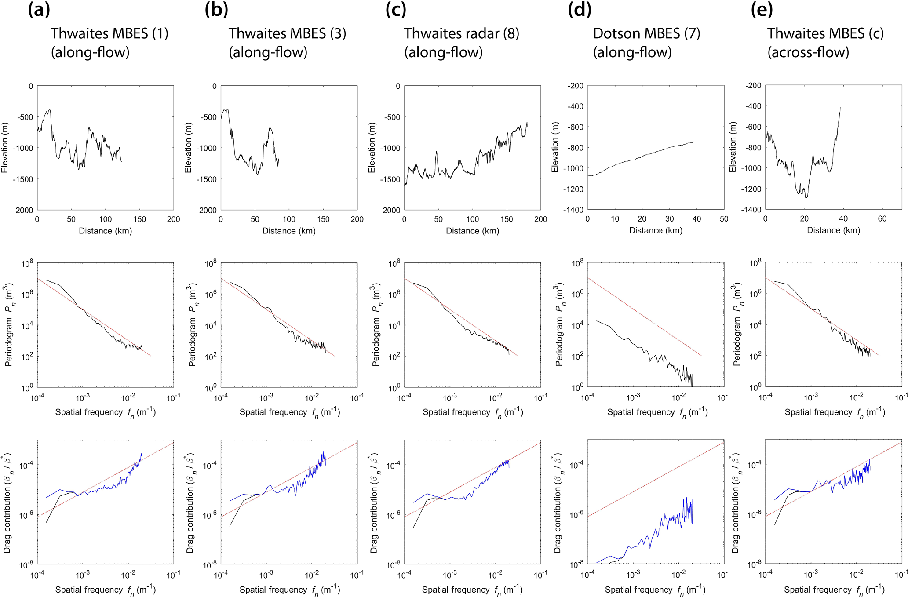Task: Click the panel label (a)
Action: [39, 10]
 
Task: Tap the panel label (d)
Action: [580, 10]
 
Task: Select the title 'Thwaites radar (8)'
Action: [461, 33]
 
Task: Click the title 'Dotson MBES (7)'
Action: [646, 33]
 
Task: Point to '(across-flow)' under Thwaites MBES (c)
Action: [808, 52]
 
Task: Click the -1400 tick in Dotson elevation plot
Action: [575, 210]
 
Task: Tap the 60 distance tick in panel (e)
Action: [882, 219]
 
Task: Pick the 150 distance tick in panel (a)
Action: [139, 219]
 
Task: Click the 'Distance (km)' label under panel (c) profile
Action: [472, 231]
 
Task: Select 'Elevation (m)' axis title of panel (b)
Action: [188, 148]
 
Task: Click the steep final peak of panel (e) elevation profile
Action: [840, 108]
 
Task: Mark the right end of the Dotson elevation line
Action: [693, 142]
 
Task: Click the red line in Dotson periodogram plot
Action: [645, 317]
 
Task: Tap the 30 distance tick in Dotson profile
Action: [669, 219]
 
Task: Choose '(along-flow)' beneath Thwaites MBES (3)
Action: [268, 52]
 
